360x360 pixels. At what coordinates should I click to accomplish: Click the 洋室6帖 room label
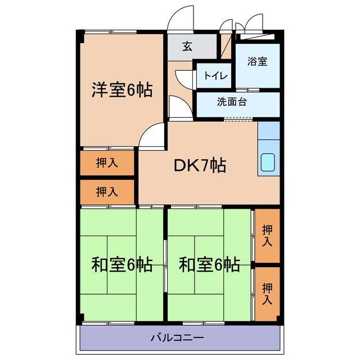pos(121,90)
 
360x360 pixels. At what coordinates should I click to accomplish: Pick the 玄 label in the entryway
pos(187,47)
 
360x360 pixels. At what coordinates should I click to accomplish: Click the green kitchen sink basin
pos(268,163)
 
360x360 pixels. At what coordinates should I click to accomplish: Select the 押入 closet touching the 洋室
pos(107,163)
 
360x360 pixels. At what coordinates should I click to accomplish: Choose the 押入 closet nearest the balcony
pos(267,293)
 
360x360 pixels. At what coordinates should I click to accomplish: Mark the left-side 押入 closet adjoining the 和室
pos(107,192)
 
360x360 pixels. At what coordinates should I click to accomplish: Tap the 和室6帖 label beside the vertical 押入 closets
pos(209,264)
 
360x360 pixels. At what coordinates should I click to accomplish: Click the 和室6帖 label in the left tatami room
pos(121,264)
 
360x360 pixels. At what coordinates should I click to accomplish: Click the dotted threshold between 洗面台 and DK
pos(238,119)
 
